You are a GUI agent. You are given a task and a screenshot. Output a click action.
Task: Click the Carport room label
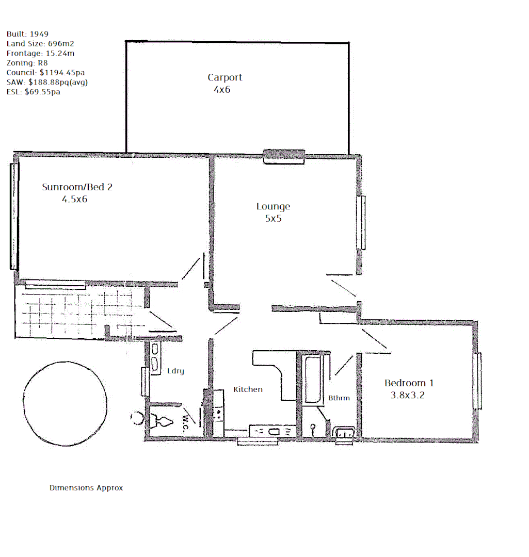225,77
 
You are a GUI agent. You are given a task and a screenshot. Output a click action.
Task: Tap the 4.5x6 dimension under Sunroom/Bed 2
74,199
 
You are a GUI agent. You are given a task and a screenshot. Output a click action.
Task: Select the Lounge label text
273,206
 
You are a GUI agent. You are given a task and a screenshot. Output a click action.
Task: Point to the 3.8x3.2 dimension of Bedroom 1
408,396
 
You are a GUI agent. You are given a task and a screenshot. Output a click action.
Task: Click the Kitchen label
248,389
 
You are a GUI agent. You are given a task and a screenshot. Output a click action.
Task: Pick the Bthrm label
339,398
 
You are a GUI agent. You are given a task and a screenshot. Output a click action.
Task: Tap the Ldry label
175,371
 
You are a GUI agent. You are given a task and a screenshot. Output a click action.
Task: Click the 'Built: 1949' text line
27,34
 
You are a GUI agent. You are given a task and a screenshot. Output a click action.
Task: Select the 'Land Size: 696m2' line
40,44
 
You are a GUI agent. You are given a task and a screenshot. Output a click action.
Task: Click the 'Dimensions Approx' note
86,487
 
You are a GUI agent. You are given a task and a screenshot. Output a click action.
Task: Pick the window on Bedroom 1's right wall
478,381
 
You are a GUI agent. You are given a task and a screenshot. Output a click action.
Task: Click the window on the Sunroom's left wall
13,216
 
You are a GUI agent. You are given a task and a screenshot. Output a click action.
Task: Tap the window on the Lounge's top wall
283,156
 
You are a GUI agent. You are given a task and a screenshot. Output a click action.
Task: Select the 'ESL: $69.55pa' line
33,92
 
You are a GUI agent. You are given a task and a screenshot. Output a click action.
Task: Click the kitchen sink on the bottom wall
272,431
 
